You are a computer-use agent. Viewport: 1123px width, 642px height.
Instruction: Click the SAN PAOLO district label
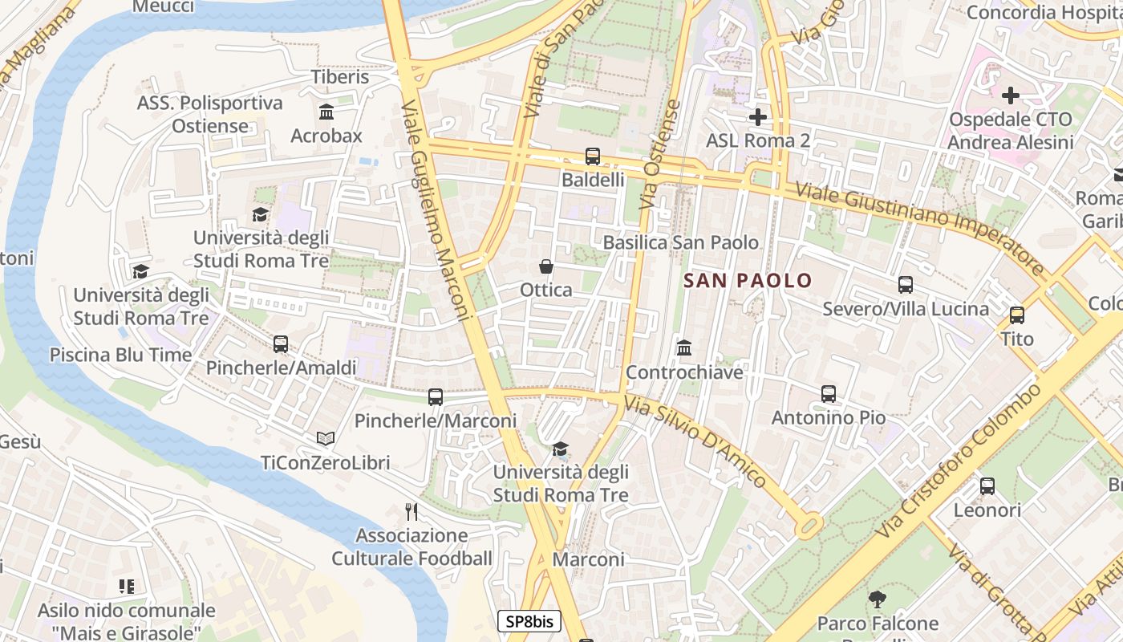[748, 281]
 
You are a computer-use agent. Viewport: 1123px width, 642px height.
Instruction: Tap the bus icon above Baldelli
[593, 156]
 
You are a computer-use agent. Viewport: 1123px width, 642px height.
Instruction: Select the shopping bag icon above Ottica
[546, 266]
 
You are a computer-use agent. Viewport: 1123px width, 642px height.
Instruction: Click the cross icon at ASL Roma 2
[757, 118]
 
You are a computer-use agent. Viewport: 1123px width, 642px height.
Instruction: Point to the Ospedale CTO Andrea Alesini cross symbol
[1010, 95]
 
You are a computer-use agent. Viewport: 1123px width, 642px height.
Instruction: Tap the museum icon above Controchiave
[684, 348]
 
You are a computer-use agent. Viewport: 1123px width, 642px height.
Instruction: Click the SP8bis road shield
[529, 621]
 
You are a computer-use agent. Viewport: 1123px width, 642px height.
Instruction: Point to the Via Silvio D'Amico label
[695, 443]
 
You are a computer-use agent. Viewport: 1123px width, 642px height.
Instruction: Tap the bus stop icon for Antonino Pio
[829, 394]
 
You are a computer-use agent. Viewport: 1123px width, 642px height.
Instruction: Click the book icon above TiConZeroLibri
[325, 439]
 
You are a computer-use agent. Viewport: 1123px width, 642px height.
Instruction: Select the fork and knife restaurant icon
[411, 511]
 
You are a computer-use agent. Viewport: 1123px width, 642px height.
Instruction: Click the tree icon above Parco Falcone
[877, 599]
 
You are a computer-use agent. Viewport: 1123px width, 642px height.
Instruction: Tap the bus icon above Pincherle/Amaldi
[281, 344]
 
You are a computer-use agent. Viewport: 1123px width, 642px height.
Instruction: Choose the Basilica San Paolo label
[680, 242]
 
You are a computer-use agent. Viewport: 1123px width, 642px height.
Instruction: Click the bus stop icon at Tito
[1017, 315]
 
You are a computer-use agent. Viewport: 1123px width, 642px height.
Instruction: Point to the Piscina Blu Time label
[120, 355]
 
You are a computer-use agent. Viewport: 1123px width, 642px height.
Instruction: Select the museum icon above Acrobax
[326, 112]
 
